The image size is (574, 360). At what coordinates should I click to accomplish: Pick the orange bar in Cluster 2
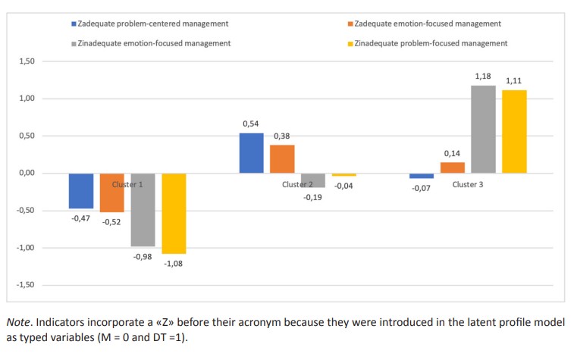click(282, 159)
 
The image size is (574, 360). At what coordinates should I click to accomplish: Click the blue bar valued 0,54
click(251, 153)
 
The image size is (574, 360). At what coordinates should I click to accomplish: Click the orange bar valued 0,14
click(452, 167)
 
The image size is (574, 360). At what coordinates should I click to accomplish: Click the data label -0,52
click(113, 224)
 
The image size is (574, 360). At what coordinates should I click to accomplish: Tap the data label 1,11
click(513, 80)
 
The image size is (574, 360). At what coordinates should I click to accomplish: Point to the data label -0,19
click(312, 197)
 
